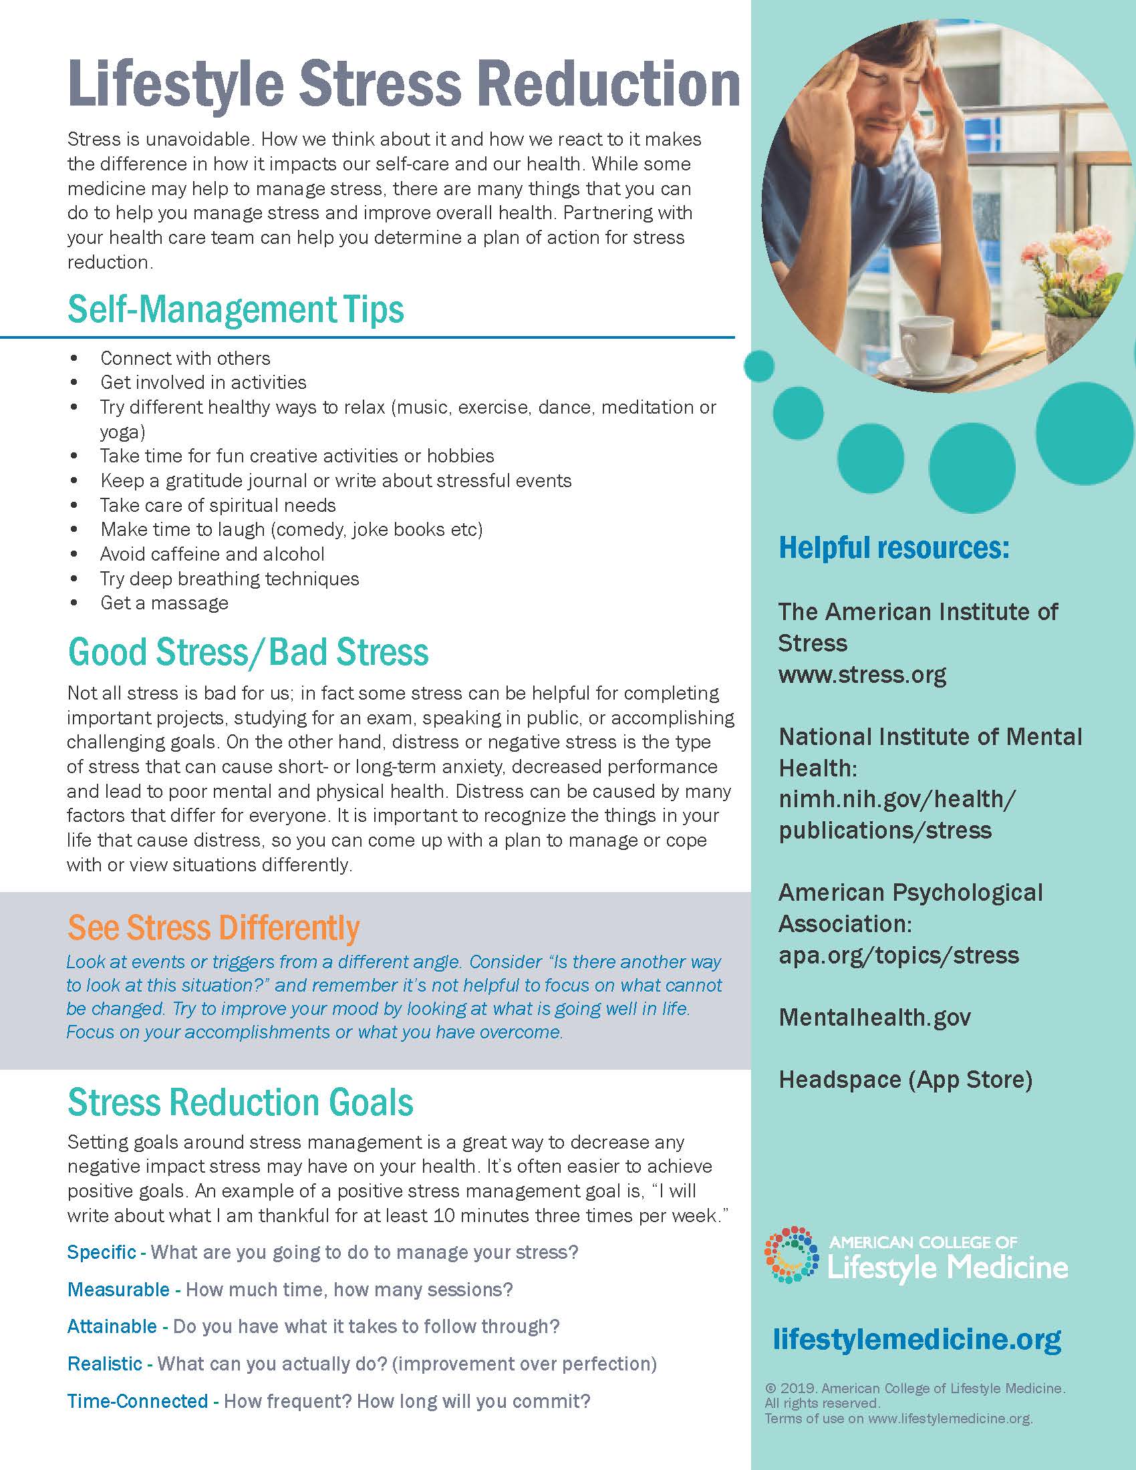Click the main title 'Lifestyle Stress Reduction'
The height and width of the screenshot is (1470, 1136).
click(404, 84)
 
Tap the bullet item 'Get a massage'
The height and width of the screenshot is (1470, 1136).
click(164, 603)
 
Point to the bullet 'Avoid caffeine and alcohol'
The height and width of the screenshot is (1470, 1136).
click(212, 554)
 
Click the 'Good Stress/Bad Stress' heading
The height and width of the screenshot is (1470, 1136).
click(248, 652)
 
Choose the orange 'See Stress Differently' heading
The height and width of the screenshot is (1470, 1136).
click(213, 927)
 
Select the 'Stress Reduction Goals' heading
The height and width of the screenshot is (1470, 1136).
click(241, 1102)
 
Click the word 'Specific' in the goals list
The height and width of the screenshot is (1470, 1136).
click(102, 1252)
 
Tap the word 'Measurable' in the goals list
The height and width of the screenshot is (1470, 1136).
click(118, 1290)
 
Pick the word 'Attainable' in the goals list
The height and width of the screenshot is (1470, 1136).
click(112, 1326)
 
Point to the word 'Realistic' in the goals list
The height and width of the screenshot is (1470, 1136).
click(105, 1364)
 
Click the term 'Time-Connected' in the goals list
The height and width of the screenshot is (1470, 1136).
click(137, 1401)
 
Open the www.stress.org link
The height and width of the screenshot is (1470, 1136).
click(862, 674)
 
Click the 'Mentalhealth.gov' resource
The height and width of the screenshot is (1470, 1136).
click(874, 1017)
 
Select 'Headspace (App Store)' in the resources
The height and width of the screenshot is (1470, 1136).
click(905, 1080)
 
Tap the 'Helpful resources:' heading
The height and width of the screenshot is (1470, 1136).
click(893, 548)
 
